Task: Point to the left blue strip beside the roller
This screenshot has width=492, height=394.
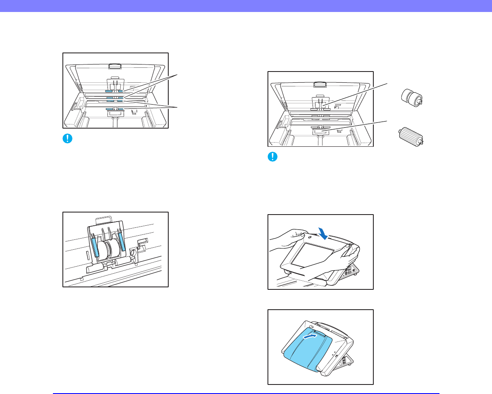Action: (95, 248)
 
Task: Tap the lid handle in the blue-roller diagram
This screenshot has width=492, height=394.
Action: (114, 65)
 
